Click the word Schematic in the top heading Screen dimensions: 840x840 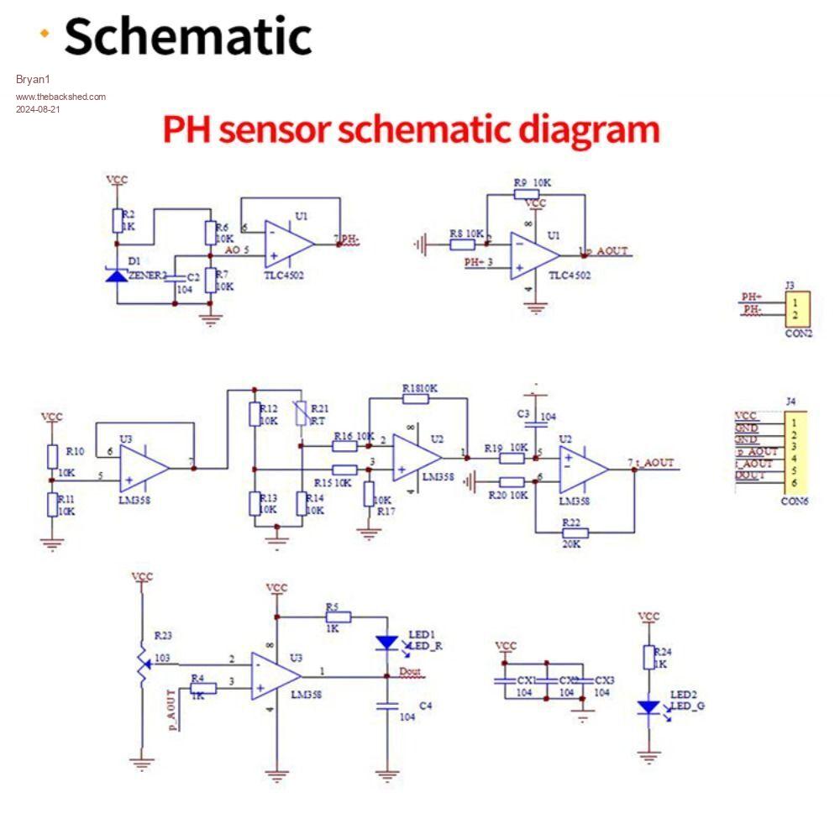187,36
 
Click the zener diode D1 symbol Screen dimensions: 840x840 118,272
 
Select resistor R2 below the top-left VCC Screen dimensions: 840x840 118,221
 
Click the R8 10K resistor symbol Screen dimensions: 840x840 462,244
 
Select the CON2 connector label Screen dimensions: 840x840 798,333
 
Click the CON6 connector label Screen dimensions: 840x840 795,501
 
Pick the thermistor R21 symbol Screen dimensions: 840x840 301,414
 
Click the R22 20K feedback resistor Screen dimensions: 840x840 575,533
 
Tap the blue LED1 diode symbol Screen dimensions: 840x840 386,643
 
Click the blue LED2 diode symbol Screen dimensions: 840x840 648,707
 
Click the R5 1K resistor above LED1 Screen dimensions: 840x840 338,616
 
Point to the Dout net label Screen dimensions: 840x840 410,671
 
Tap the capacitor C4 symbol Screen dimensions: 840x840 386,706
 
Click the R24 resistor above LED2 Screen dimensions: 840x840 648,657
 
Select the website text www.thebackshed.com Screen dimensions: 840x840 60,97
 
